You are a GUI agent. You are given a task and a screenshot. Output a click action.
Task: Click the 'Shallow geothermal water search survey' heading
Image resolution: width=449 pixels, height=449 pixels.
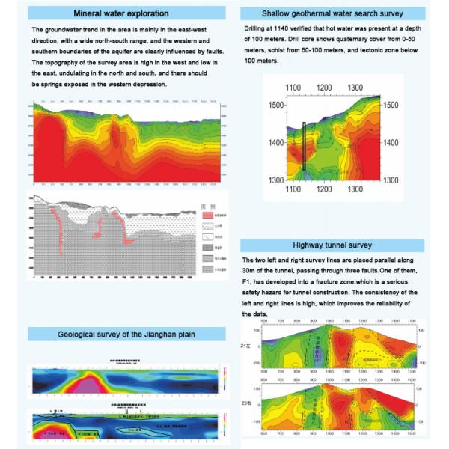tap(332, 13)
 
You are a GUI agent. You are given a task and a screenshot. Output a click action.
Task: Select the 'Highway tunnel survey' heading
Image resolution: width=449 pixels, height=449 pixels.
tap(332, 244)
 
